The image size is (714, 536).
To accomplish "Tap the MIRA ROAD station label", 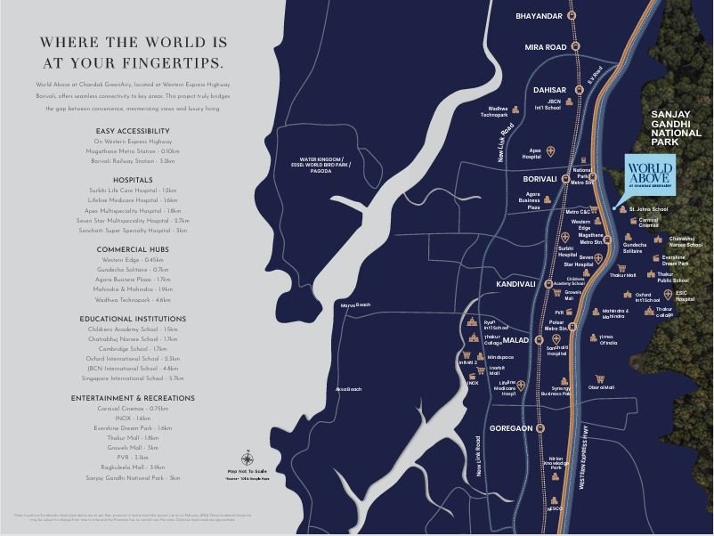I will [x=545, y=46].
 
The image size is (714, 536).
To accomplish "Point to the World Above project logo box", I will [x=649, y=175].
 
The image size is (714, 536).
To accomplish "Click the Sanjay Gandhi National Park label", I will [x=677, y=128].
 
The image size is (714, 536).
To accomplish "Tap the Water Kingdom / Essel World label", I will [x=321, y=166].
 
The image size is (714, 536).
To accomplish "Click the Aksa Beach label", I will [x=348, y=389].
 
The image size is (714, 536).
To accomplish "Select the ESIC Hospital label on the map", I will [x=685, y=296].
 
